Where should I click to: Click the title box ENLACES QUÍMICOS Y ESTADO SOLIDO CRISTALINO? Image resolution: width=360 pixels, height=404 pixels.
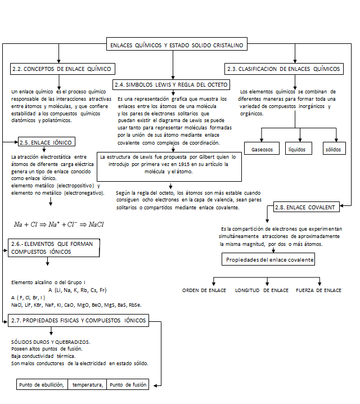click(177, 44)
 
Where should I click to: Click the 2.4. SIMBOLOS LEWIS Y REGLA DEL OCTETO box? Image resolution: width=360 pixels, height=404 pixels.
click(170, 85)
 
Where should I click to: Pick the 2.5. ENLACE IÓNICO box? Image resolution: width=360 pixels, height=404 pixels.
click(45, 142)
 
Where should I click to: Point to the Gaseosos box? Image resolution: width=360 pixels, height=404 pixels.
click(262, 150)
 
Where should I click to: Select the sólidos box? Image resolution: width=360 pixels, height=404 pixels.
click(332, 150)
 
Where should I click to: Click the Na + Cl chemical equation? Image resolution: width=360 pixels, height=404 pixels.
click(59, 224)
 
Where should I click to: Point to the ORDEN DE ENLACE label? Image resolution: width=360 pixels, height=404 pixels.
click(204, 290)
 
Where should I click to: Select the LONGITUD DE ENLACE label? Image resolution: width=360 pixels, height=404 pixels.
click(262, 290)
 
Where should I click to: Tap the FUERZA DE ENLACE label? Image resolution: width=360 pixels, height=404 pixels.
click(318, 290)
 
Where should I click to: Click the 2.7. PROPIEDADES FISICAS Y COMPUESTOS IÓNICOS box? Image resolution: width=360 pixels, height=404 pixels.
click(78, 320)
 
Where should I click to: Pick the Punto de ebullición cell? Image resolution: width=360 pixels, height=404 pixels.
click(42, 385)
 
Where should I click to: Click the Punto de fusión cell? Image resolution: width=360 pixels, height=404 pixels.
click(128, 385)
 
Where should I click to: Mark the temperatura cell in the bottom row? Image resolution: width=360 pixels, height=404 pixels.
click(88, 385)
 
